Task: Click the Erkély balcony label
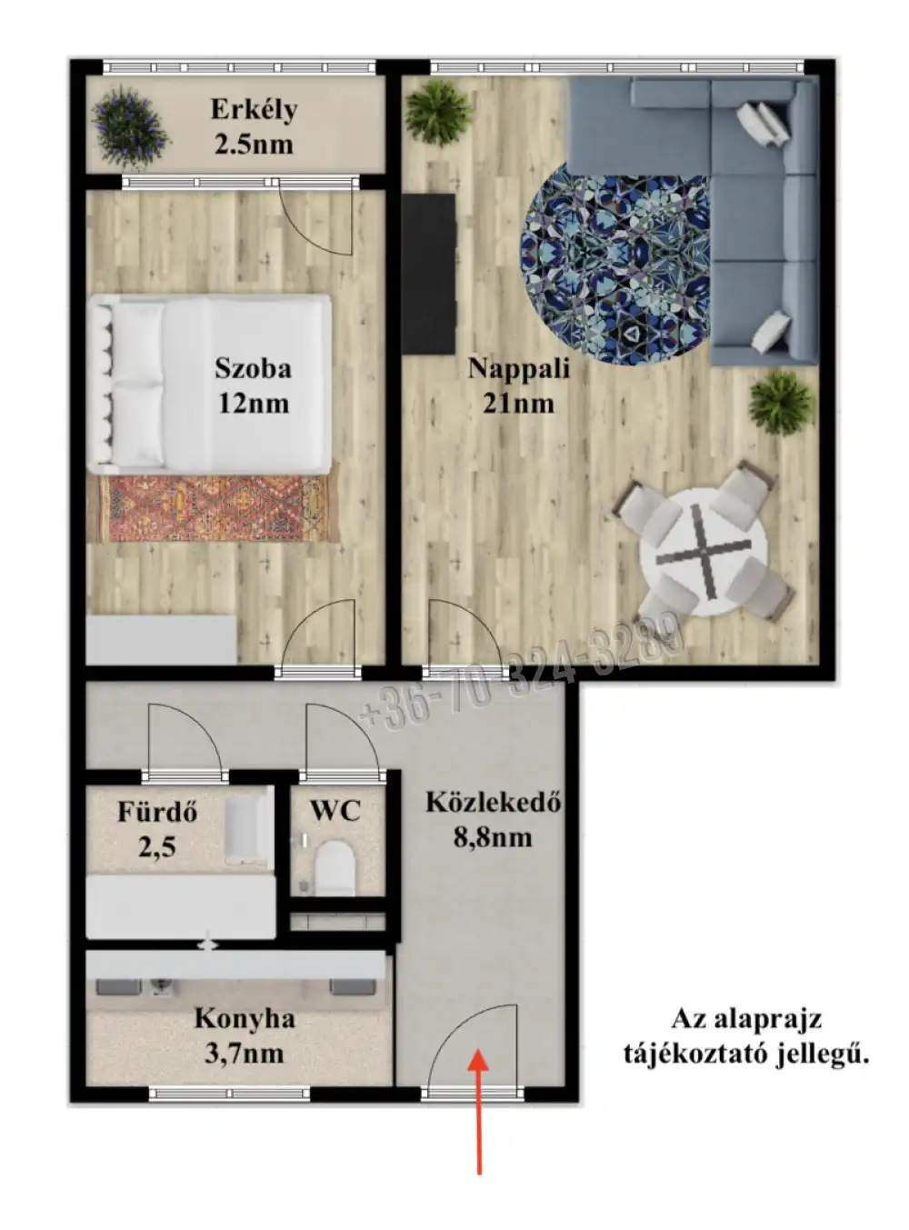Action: [254, 110]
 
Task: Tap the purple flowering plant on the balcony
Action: [130, 127]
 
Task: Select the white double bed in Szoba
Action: [210, 384]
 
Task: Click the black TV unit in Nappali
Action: [429, 274]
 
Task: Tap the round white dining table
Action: [704, 550]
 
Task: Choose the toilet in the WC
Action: [335, 868]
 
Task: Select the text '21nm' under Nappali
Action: [518, 404]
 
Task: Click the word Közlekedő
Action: [493, 803]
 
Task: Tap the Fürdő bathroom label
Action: [157, 813]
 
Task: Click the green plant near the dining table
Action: [782, 403]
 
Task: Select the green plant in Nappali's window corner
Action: [439, 113]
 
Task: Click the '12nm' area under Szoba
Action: [254, 404]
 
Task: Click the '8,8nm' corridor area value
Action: [493, 838]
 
